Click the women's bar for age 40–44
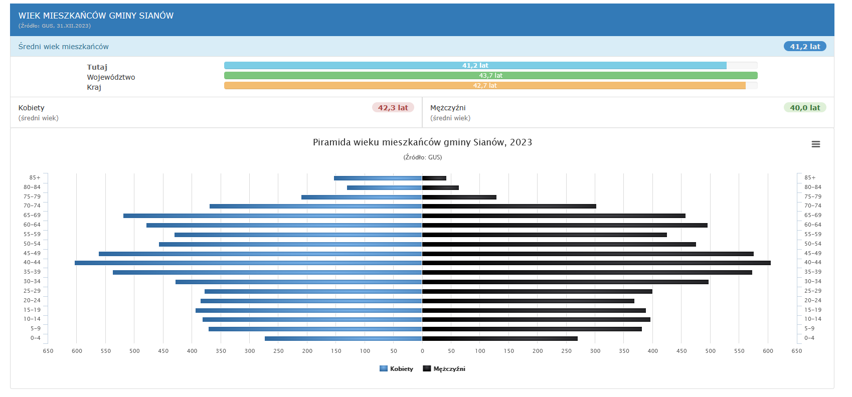click(248, 263)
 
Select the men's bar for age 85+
click(434, 178)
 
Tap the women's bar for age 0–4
click(343, 338)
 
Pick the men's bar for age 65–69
click(554, 216)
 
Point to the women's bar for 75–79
click(362, 197)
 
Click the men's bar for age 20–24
click(528, 301)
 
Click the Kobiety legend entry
click(397, 369)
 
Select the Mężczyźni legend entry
click(444, 369)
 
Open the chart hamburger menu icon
click(816, 144)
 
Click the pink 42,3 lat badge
click(393, 108)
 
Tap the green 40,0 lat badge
click(805, 108)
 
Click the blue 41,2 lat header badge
click(805, 47)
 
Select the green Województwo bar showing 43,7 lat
click(490, 76)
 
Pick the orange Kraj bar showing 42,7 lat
click(484, 86)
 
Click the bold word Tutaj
click(97, 67)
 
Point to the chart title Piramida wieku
click(422, 142)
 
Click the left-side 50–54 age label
click(32, 244)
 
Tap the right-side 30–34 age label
click(813, 282)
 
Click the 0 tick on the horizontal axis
click(422, 351)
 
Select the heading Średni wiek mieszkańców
click(64, 47)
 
